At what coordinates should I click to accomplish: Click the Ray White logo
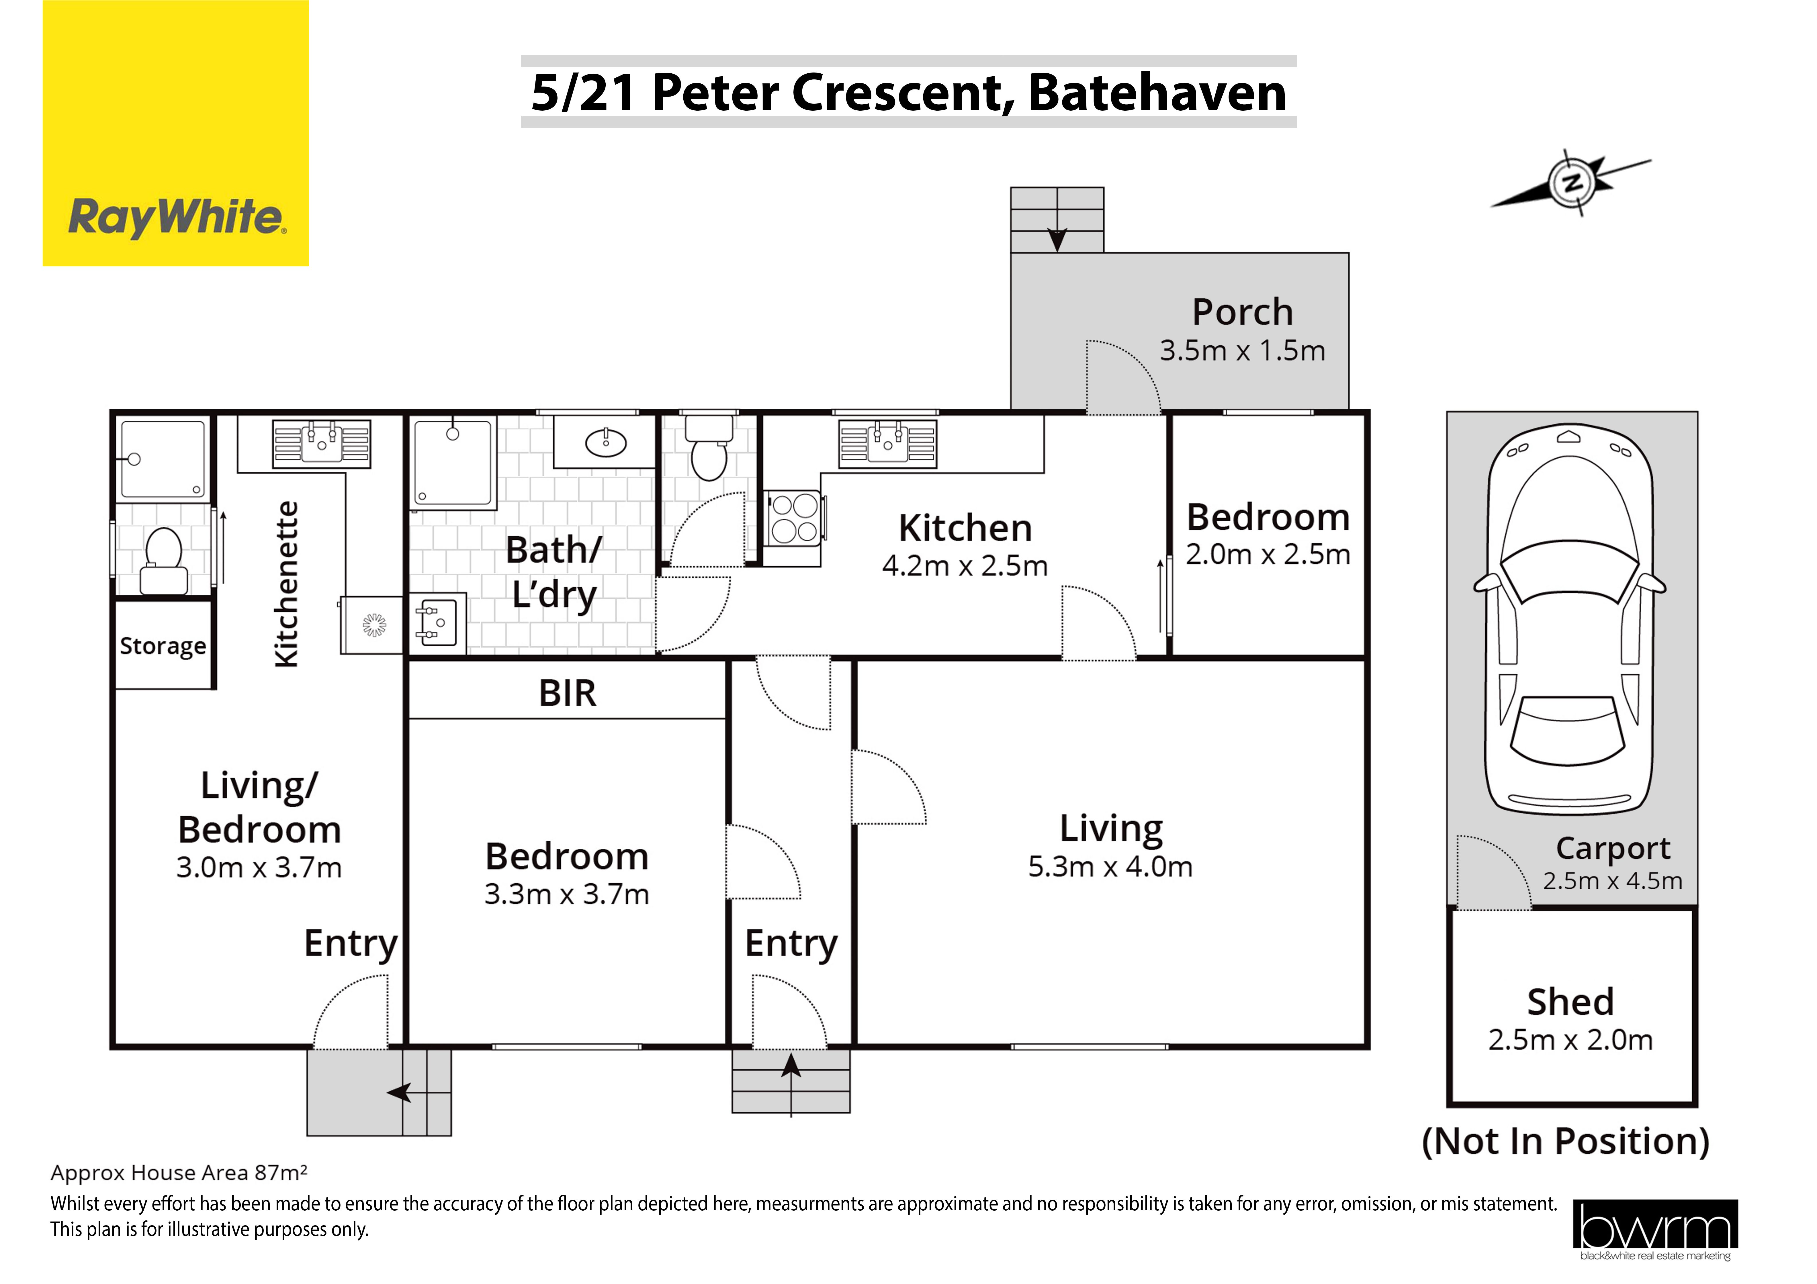(176, 133)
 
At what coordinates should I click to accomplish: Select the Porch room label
(1243, 312)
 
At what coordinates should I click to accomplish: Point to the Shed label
(1570, 1002)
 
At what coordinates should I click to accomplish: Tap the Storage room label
(163, 646)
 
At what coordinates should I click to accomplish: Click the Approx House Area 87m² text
(179, 1173)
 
